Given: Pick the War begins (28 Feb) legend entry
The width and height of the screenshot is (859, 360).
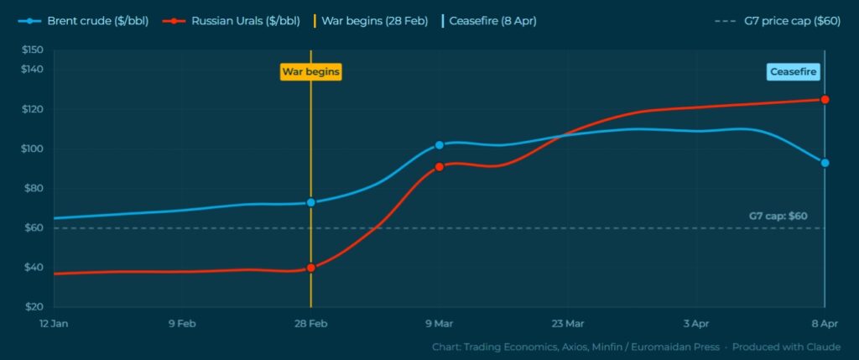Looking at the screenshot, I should [370, 21].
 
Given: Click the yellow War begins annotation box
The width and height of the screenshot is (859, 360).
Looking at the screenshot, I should [310, 72].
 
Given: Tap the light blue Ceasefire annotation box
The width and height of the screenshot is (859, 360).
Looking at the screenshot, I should [794, 72].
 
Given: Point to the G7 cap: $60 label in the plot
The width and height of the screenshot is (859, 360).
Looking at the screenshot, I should [778, 216].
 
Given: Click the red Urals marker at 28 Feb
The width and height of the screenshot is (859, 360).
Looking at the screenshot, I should [311, 268].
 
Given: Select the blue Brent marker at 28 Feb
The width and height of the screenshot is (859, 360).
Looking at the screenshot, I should [311, 202].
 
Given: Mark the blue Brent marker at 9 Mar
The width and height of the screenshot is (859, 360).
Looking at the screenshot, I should [440, 145].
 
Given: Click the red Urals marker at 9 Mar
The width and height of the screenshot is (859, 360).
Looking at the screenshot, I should [440, 167].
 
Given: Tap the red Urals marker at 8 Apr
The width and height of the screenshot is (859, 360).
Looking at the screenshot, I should [825, 100].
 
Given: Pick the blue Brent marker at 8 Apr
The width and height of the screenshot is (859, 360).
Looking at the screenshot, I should [825, 163].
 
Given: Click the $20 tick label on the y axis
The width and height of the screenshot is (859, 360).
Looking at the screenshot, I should [34, 307].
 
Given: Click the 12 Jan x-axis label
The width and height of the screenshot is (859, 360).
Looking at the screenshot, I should [55, 323].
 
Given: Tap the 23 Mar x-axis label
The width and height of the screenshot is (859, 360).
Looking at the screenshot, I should [568, 323].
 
